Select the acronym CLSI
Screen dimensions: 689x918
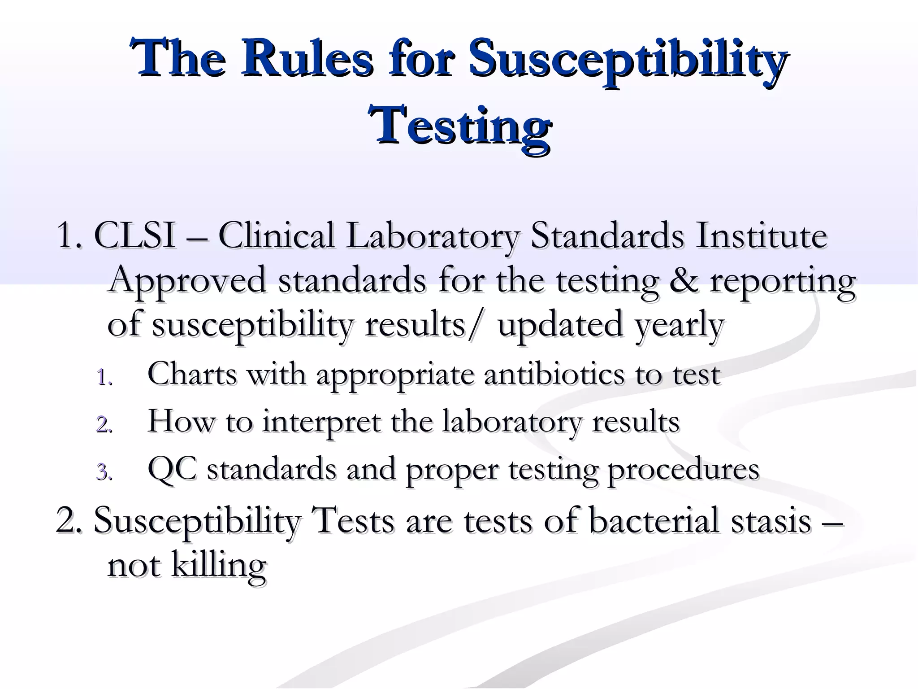[134, 236]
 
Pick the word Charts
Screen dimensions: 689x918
[192, 374]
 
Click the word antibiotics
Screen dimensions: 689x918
[554, 374]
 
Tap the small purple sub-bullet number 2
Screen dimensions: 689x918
[104, 424]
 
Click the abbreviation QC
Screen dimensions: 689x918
[172, 469]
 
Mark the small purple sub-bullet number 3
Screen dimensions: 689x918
[104, 472]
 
